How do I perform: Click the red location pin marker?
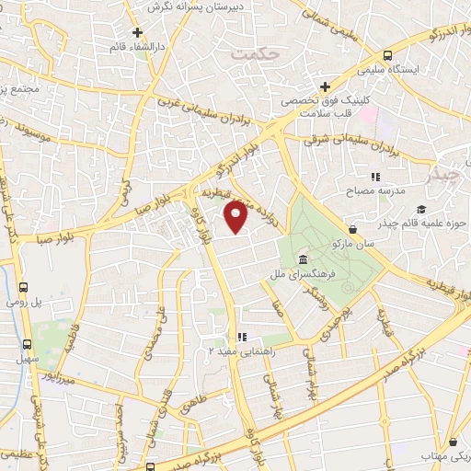click(236, 216)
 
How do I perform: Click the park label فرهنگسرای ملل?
click(292, 274)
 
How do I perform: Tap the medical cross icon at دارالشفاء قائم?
click(137, 32)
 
